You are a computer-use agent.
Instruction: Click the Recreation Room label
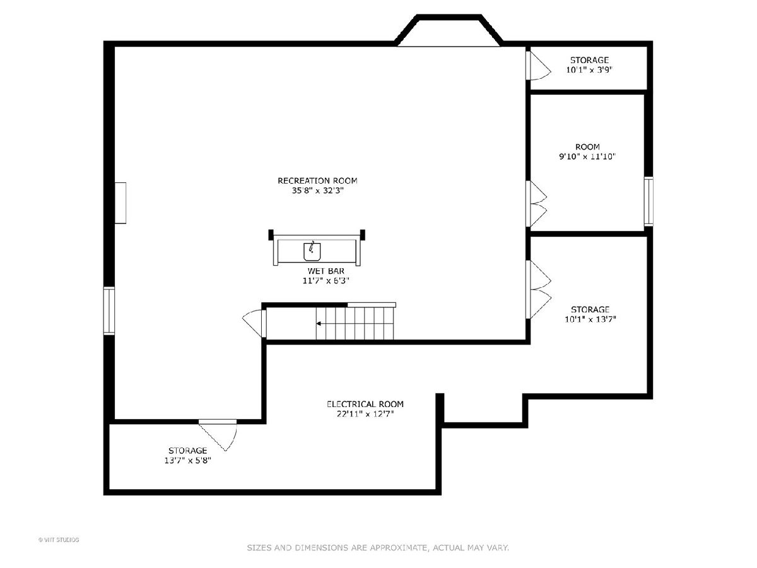[x=317, y=180]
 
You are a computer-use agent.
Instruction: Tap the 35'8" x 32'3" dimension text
[x=318, y=191]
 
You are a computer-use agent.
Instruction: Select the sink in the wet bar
[x=312, y=251]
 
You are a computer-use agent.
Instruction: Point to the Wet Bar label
[x=326, y=271]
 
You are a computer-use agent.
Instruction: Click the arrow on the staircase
[x=319, y=324]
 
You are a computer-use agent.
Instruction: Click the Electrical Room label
[x=365, y=404]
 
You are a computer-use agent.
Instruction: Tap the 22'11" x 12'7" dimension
[x=365, y=413]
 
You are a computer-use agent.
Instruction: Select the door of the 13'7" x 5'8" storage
[x=218, y=435]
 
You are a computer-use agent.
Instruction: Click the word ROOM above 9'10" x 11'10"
[x=587, y=146]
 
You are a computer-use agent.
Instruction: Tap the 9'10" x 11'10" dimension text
[x=587, y=157]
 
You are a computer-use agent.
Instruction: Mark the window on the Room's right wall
[x=648, y=201]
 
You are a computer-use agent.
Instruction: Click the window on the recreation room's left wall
[x=109, y=311]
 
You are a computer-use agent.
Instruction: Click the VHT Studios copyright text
[x=59, y=540]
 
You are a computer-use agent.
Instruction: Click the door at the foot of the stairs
[x=254, y=323]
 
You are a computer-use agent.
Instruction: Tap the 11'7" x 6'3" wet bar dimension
[x=326, y=281]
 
